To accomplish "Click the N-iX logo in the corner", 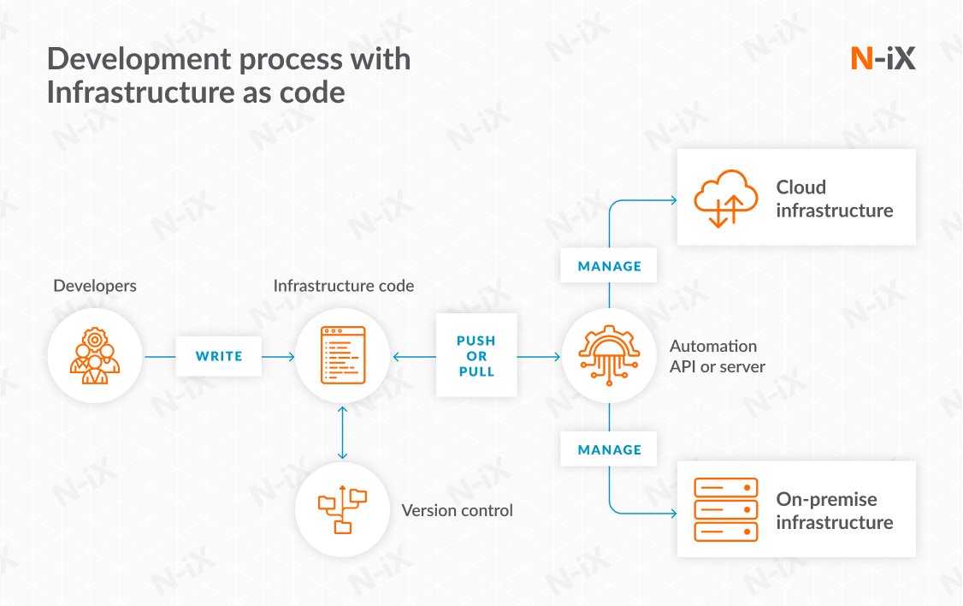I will click(883, 58).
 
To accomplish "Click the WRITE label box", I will click(219, 356).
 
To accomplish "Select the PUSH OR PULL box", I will click(476, 356).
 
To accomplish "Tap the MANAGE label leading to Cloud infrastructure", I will click(609, 266).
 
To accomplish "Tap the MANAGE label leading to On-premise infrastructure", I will click(609, 449).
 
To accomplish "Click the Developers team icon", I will click(95, 356).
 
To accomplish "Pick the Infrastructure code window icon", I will click(343, 355).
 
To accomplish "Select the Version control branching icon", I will click(342, 510).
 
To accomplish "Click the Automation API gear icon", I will click(609, 355).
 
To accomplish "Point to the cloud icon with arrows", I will click(725, 199).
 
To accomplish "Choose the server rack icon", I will click(725, 509).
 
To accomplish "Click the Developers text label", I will click(95, 285).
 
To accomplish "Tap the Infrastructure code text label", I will click(343, 285).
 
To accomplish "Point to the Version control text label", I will click(457, 510).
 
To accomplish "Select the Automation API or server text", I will click(717, 356).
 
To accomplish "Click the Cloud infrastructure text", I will click(834, 199).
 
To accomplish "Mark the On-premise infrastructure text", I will click(834, 510).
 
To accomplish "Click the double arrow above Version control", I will click(343, 433).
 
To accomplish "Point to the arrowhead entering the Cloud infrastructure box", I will click(674, 200).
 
